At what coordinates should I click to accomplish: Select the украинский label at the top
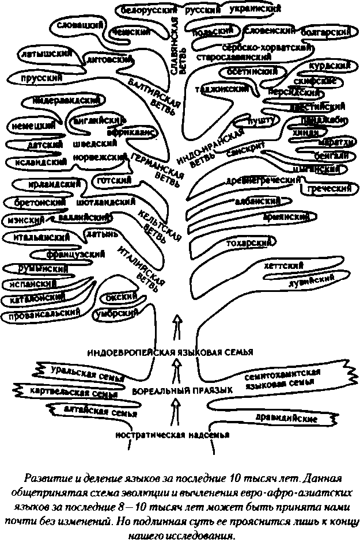[255, 9]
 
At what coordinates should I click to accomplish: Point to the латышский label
[44, 54]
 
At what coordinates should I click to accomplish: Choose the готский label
[115, 180]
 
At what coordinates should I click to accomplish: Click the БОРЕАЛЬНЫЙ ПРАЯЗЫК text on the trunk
[182, 390]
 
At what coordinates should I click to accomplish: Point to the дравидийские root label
[281, 416]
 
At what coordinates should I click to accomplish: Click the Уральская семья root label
[88, 373]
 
